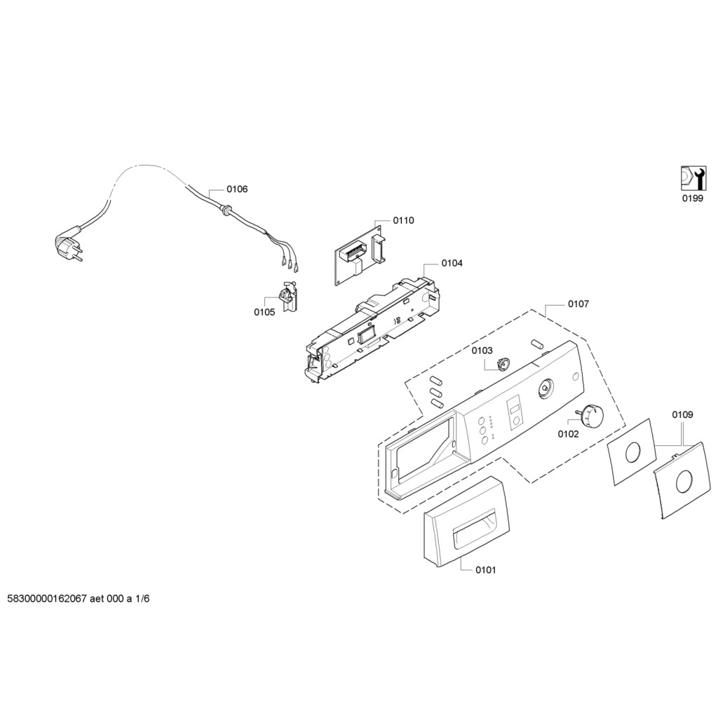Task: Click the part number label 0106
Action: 237,189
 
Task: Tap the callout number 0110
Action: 403,220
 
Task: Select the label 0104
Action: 452,263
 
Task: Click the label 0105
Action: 264,313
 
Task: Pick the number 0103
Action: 482,351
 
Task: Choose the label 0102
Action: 568,434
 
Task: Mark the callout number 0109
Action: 682,415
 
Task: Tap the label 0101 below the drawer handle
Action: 485,570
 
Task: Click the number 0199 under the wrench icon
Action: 692,198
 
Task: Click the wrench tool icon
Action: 691,178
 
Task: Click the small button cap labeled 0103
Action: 501,363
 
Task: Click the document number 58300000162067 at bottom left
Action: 47,600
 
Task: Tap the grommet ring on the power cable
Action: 226,208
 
